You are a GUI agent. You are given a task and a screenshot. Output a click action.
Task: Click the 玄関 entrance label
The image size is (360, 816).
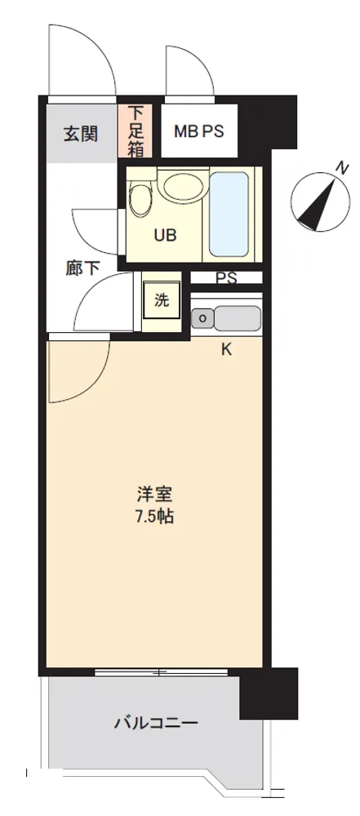[x=81, y=135]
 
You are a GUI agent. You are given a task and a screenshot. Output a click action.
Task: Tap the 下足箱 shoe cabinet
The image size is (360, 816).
[x=135, y=131]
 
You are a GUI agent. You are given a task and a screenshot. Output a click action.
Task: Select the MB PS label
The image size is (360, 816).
[x=198, y=131]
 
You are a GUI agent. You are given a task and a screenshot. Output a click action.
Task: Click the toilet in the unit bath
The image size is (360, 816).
[x=139, y=197]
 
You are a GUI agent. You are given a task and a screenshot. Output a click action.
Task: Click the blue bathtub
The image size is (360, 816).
[x=229, y=214]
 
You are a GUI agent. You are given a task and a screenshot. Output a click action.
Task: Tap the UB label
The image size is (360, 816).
[x=165, y=235]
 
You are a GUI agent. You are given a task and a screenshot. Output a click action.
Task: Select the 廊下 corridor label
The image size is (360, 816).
[x=82, y=268]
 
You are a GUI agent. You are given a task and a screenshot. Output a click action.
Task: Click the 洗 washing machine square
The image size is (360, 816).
[x=162, y=299]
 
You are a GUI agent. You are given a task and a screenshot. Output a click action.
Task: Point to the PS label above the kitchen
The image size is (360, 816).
[x=226, y=278]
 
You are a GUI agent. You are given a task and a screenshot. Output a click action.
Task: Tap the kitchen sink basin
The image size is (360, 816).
[x=238, y=318]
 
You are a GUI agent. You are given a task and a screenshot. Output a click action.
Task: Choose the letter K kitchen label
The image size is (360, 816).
[x=227, y=350]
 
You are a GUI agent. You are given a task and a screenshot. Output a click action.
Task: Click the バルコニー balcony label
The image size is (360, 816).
[x=156, y=723]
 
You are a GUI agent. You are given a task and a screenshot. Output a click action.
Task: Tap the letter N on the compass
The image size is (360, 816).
[x=342, y=167]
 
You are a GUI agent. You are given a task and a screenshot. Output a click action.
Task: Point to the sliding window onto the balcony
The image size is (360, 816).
[x=161, y=672]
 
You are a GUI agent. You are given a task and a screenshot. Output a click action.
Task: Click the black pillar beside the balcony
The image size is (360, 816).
[x=269, y=693]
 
